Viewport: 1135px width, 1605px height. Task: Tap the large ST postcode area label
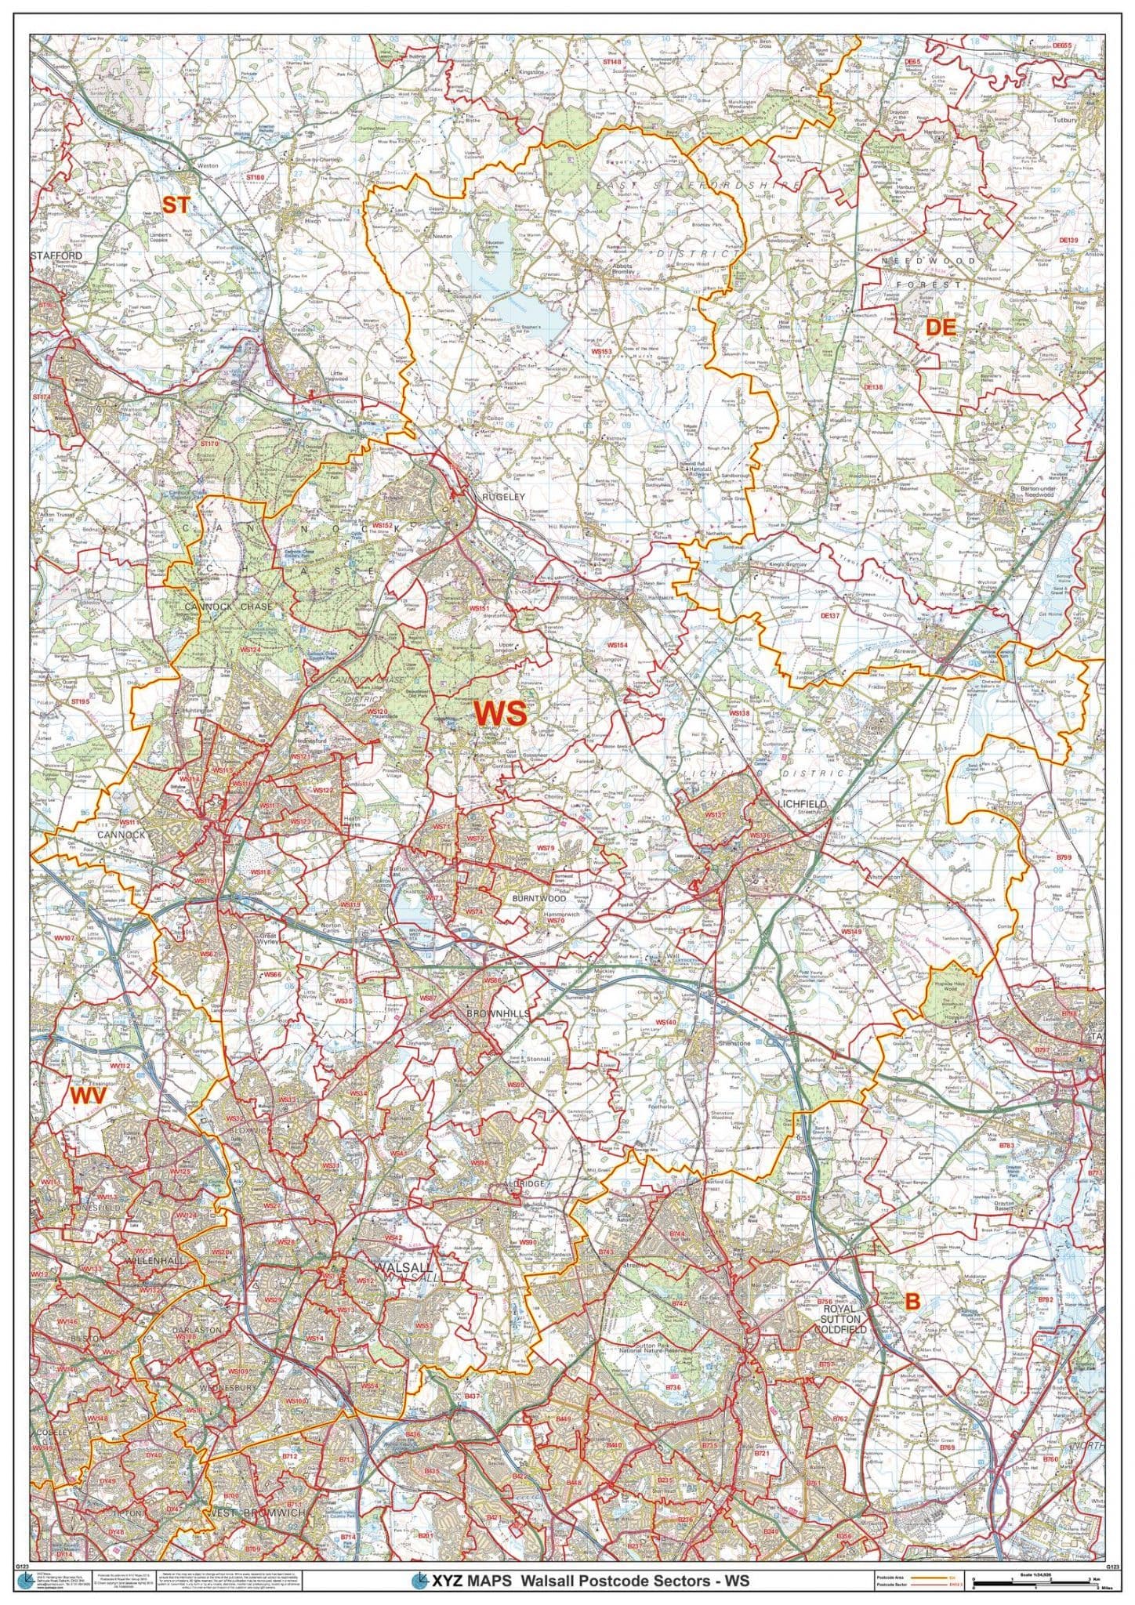point(175,205)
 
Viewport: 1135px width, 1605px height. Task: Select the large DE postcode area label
point(941,328)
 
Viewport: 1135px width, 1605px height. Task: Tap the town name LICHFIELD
point(797,805)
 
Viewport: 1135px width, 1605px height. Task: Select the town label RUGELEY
point(492,495)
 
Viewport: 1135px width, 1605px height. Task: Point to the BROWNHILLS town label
point(499,1013)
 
